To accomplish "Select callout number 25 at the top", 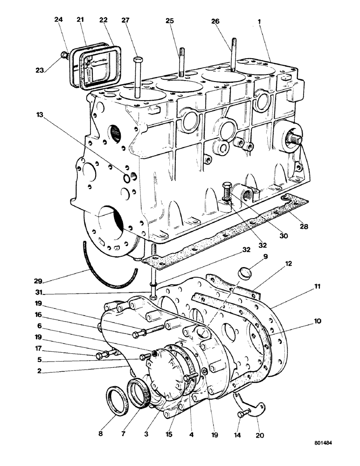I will [169, 21].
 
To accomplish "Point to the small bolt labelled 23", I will [66, 56].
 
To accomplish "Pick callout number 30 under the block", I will [284, 236].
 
